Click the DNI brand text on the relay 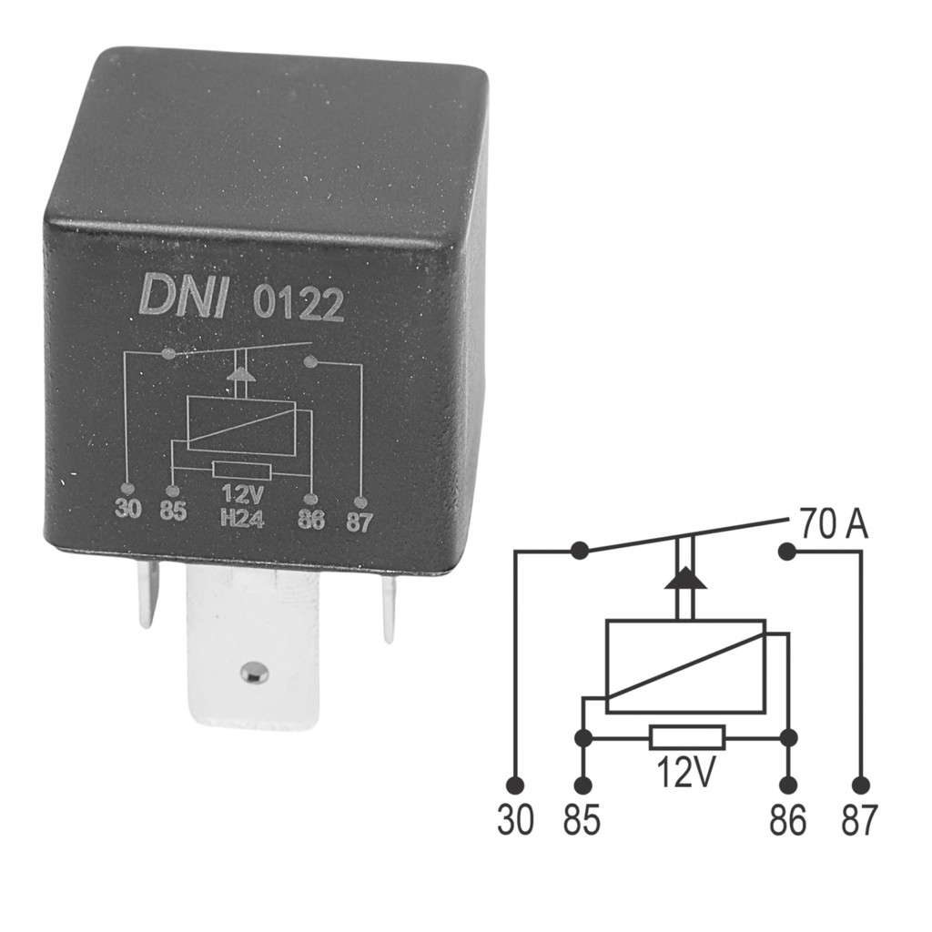183,296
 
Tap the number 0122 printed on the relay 299,303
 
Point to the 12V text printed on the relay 242,494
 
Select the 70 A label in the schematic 834,523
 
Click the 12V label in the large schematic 685,771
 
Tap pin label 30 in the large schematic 516,820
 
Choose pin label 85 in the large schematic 582,820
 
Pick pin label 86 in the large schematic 788,820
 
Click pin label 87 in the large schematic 859,820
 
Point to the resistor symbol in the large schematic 688,737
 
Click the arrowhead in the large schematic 686,577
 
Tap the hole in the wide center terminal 254,673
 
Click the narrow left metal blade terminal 148,593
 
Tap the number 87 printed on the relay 359,522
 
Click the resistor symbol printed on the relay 241,471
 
